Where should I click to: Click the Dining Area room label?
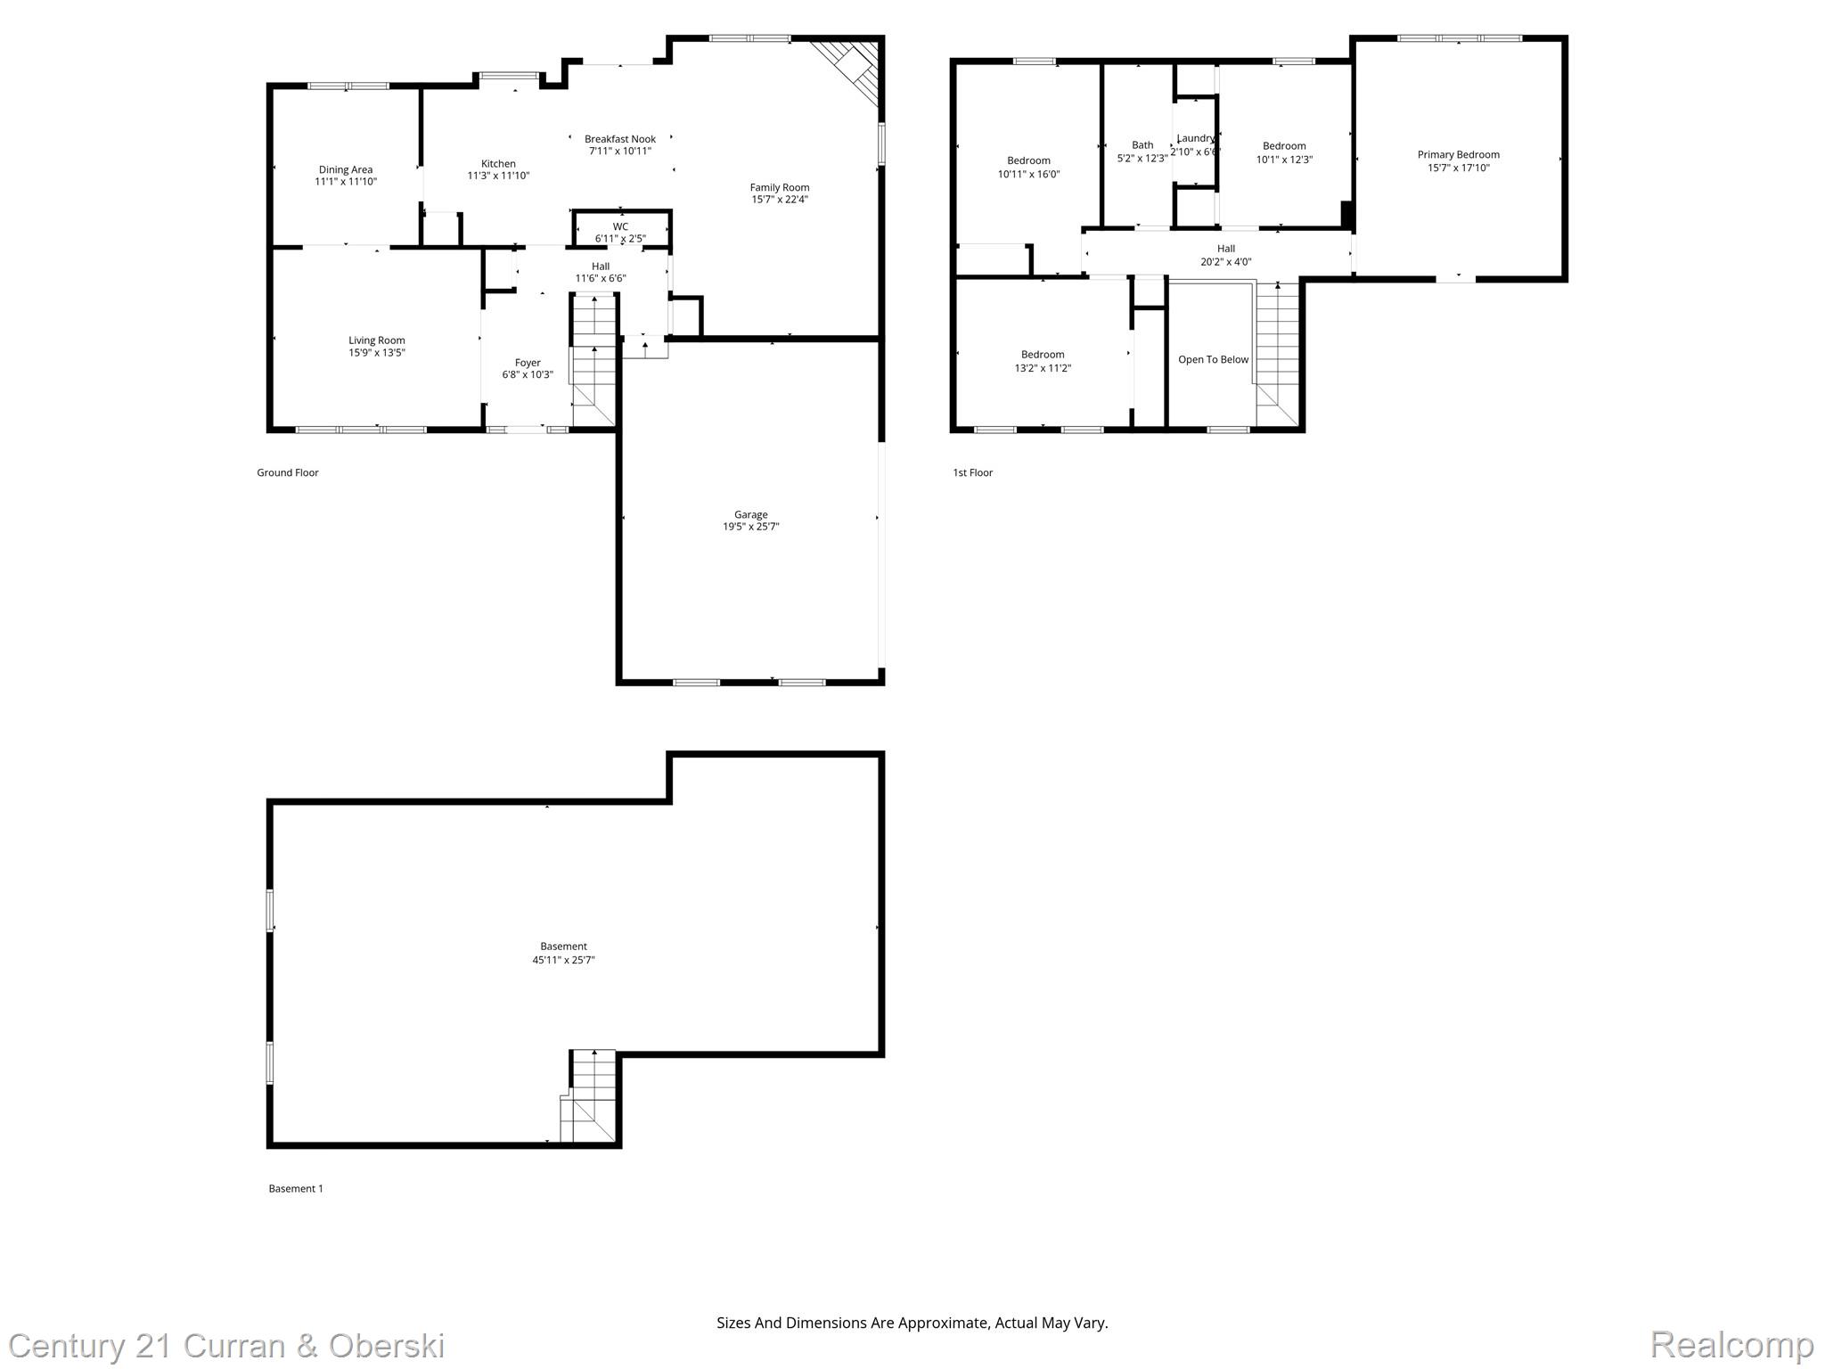click(346, 169)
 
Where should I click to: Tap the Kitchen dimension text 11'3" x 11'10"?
click(498, 176)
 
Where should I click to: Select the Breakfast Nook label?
click(620, 139)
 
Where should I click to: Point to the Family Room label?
click(779, 187)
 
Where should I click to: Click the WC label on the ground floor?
click(620, 226)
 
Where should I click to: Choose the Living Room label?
click(376, 340)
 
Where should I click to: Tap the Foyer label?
click(528, 362)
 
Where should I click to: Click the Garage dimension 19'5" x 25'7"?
click(750, 527)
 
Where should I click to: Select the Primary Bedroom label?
click(1458, 154)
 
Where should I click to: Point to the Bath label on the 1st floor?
click(1142, 145)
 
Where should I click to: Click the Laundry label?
click(1195, 138)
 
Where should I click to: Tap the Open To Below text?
click(1213, 359)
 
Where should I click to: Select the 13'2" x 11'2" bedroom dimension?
click(1043, 368)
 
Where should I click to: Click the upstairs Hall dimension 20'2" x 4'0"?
click(1225, 262)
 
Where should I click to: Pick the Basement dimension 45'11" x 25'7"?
click(563, 960)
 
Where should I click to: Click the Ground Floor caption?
click(287, 472)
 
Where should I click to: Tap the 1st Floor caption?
click(972, 472)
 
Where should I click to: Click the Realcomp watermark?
click(1731, 1344)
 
